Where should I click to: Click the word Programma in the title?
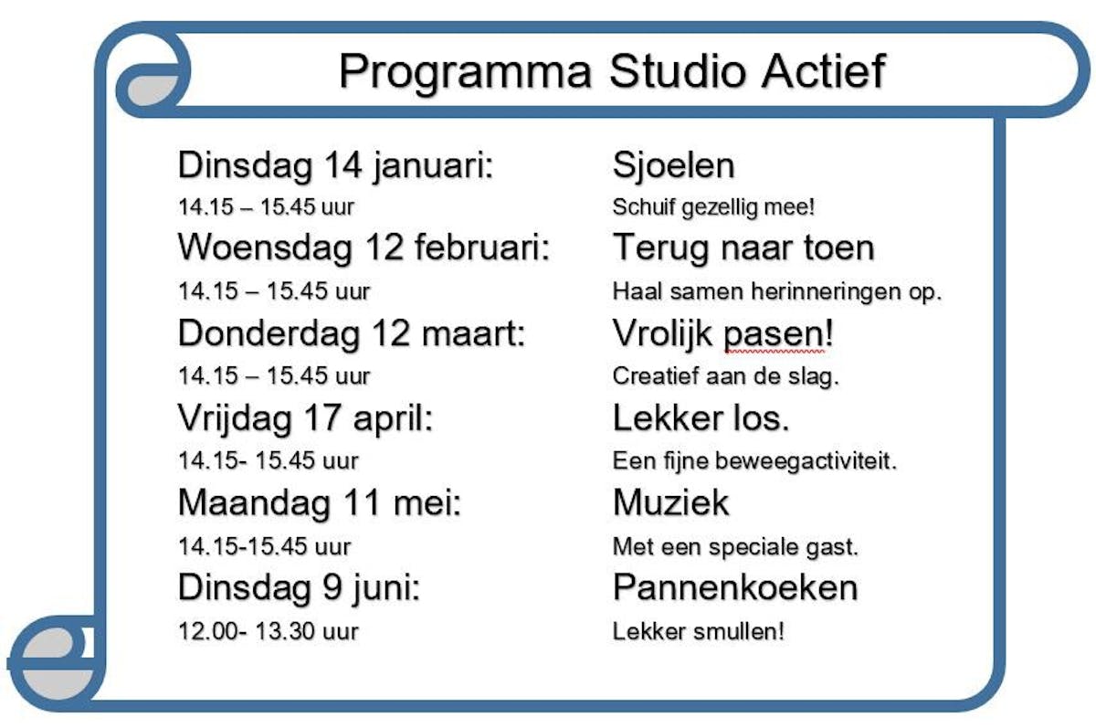[465, 72]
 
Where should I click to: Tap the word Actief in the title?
[824, 70]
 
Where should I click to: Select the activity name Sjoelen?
[673, 167]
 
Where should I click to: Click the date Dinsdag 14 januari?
[335, 166]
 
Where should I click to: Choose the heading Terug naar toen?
[743, 248]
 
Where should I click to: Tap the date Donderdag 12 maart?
[352, 333]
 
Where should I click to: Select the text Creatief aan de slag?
[725, 376]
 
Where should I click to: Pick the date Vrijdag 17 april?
[305, 419]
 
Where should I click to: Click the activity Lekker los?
[701, 418]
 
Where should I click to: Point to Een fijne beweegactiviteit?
[754, 461]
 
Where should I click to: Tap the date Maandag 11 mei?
[320, 503]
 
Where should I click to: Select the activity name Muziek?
[670, 502]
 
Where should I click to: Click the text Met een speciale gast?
[735, 546]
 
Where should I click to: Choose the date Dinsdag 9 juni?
[299, 588]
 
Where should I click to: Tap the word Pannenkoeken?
[735, 587]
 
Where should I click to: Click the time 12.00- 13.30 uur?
[269, 631]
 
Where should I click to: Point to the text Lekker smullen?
[698, 631]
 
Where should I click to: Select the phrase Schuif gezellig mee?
[713, 207]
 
